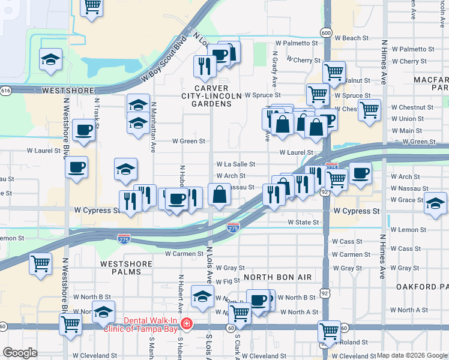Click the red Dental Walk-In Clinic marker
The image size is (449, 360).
coord(187,324)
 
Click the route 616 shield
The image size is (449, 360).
coord(5,90)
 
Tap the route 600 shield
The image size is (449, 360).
coord(325,32)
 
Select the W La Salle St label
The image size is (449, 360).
coord(236,164)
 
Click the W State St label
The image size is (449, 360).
coord(303,222)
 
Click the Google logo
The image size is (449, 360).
coord(20,352)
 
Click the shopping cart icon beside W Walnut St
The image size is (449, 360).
coord(334,73)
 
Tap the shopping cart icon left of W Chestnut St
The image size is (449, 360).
coord(369,110)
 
